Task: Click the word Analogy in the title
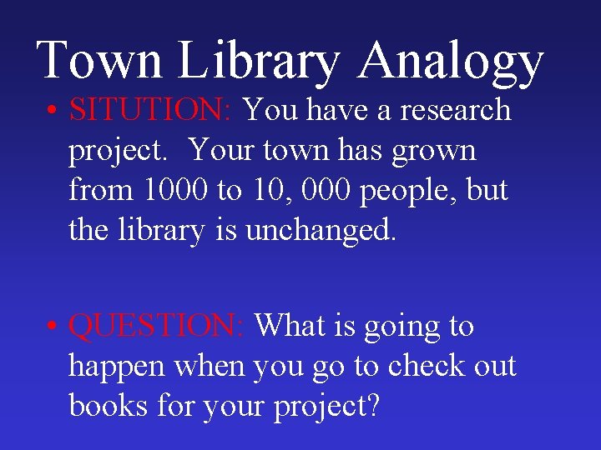(x=453, y=62)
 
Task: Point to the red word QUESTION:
(x=157, y=326)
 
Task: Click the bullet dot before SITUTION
(x=53, y=112)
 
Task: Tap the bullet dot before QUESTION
(x=53, y=327)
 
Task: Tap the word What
(x=293, y=326)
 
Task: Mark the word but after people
(x=487, y=190)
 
